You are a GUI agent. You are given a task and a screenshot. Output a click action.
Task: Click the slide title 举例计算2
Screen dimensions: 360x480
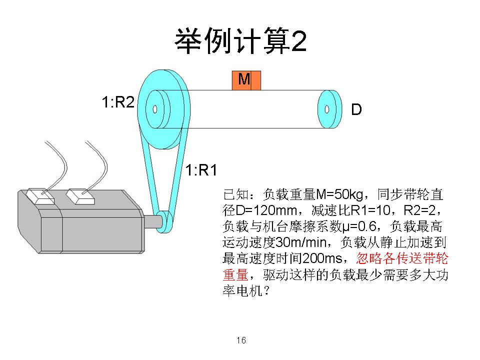[x=240, y=42]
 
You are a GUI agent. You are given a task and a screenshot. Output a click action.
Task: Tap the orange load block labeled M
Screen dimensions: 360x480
[x=246, y=80]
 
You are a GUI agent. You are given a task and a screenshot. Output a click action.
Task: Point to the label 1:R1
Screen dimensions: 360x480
[x=201, y=170]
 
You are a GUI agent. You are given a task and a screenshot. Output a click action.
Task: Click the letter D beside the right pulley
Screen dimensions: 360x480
[x=356, y=110]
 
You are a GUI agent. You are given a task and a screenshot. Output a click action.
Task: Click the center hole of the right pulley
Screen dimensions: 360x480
[x=326, y=109]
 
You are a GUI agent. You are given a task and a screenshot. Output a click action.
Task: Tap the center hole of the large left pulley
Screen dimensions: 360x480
[x=155, y=108]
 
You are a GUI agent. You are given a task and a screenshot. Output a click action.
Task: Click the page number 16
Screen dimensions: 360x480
[x=241, y=340]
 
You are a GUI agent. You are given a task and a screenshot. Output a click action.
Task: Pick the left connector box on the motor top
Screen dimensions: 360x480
[x=39, y=195]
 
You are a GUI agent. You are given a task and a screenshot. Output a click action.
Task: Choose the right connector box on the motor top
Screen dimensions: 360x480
[x=81, y=196]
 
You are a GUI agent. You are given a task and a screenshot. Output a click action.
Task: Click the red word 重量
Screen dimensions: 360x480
[x=235, y=275]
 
